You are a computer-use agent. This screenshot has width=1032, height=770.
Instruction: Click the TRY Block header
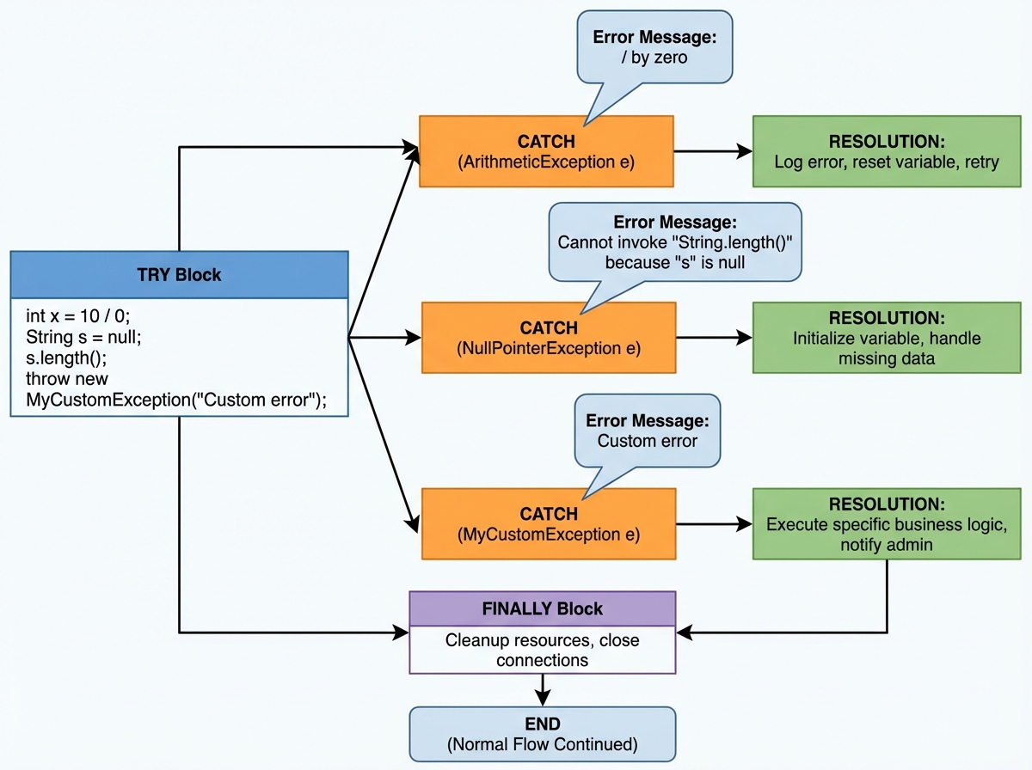[179, 275]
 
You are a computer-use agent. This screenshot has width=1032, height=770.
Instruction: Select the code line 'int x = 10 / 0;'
[78, 316]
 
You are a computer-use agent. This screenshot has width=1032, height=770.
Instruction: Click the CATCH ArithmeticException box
[547, 151]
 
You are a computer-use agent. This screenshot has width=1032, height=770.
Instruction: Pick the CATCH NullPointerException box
[548, 338]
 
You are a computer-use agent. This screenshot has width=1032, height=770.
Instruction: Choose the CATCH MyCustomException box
[548, 523]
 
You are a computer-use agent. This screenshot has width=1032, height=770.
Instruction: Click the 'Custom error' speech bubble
[647, 431]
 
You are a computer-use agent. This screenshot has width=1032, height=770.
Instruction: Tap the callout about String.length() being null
[674, 241]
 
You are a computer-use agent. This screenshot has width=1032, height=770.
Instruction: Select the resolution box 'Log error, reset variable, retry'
[886, 151]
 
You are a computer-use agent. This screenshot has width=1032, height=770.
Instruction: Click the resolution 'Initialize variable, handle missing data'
[886, 338]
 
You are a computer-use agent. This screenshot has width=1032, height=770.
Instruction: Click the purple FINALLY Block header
[542, 608]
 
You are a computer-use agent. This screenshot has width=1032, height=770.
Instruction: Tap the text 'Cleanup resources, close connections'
[542, 650]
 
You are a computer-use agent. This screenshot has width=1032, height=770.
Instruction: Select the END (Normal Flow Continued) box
[542, 734]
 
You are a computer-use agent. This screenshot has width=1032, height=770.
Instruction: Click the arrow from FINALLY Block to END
[543, 690]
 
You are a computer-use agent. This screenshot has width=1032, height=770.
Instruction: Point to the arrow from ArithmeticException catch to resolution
[713, 152]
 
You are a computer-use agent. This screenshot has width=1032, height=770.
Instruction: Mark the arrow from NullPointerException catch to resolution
[714, 338]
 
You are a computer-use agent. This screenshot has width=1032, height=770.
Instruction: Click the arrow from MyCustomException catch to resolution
[714, 523]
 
